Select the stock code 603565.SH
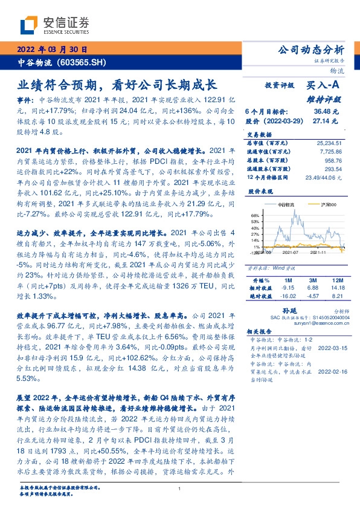84,62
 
